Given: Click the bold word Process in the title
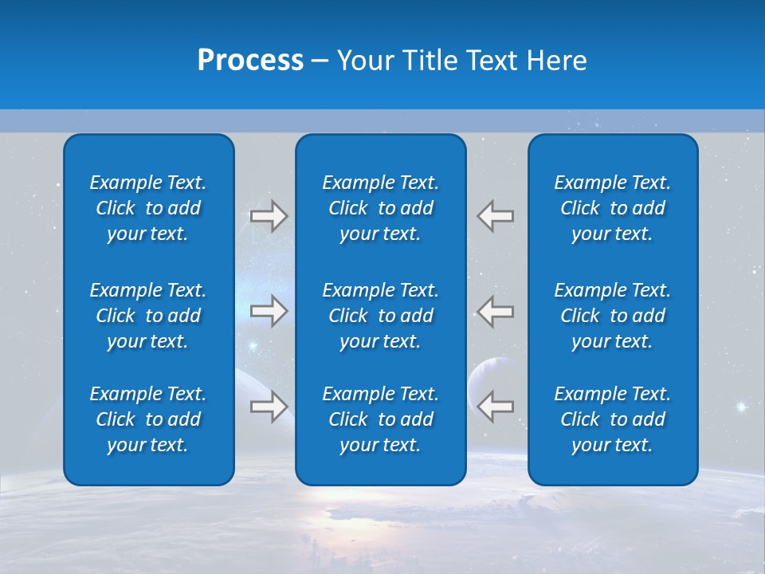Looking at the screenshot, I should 250,61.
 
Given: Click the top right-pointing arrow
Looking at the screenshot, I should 269,216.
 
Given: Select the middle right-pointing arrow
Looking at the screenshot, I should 269,311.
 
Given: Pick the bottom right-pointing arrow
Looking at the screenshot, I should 269,407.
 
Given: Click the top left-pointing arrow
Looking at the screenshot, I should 496,216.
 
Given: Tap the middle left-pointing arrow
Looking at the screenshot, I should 496,311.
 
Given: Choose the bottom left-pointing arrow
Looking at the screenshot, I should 496,407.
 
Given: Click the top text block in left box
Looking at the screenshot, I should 148,208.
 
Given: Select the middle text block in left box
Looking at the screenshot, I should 148,316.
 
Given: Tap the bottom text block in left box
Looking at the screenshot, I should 148,419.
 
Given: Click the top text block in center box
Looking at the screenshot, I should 380,208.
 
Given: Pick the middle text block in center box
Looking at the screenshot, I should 380,316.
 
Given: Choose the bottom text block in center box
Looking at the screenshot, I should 380,419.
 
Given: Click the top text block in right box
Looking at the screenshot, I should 612,208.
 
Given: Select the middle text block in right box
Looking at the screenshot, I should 612,316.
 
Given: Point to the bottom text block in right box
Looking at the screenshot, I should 612,419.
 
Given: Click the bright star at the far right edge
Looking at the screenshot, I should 741,407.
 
